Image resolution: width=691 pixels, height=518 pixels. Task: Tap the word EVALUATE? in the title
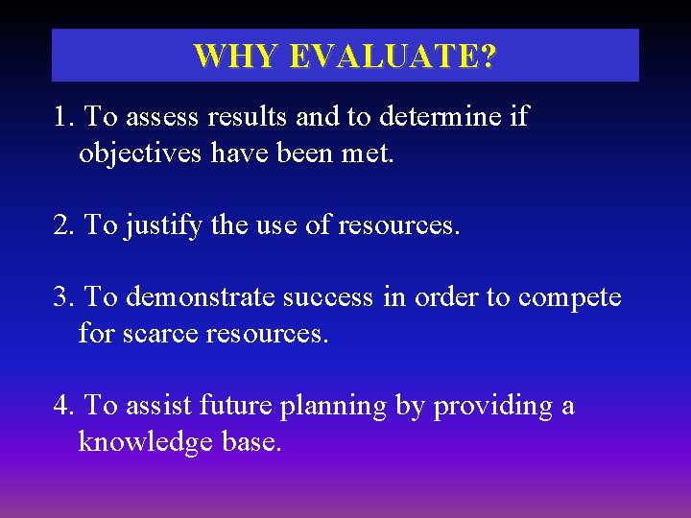click(393, 56)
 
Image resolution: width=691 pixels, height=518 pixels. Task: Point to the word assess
click(159, 118)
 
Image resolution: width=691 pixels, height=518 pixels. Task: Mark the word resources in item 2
click(398, 226)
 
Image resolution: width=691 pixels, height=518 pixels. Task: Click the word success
click(327, 297)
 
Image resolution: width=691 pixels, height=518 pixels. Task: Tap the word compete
click(569, 298)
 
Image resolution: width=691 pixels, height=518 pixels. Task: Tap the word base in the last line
click(250, 442)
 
